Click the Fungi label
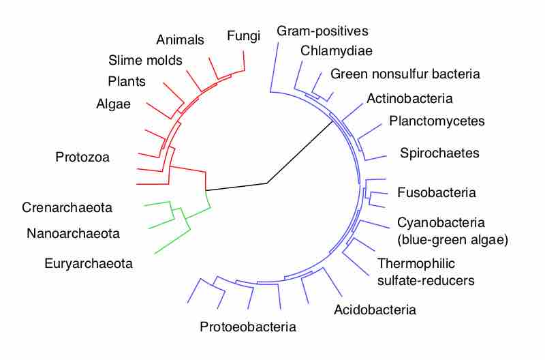click(244, 36)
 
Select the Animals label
click(180, 40)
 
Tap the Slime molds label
click(145, 60)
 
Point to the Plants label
click(127, 82)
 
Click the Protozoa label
click(82, 157)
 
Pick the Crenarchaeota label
click(67, 207)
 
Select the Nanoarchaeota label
click(73, 234)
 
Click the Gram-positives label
click(322, 31)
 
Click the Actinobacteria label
click(409, 98)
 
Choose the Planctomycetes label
click(437, 121)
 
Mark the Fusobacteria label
click(436, 192)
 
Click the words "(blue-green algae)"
click(453, 239)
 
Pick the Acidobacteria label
click(375, 310)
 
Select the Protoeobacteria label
click(248, 327)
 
